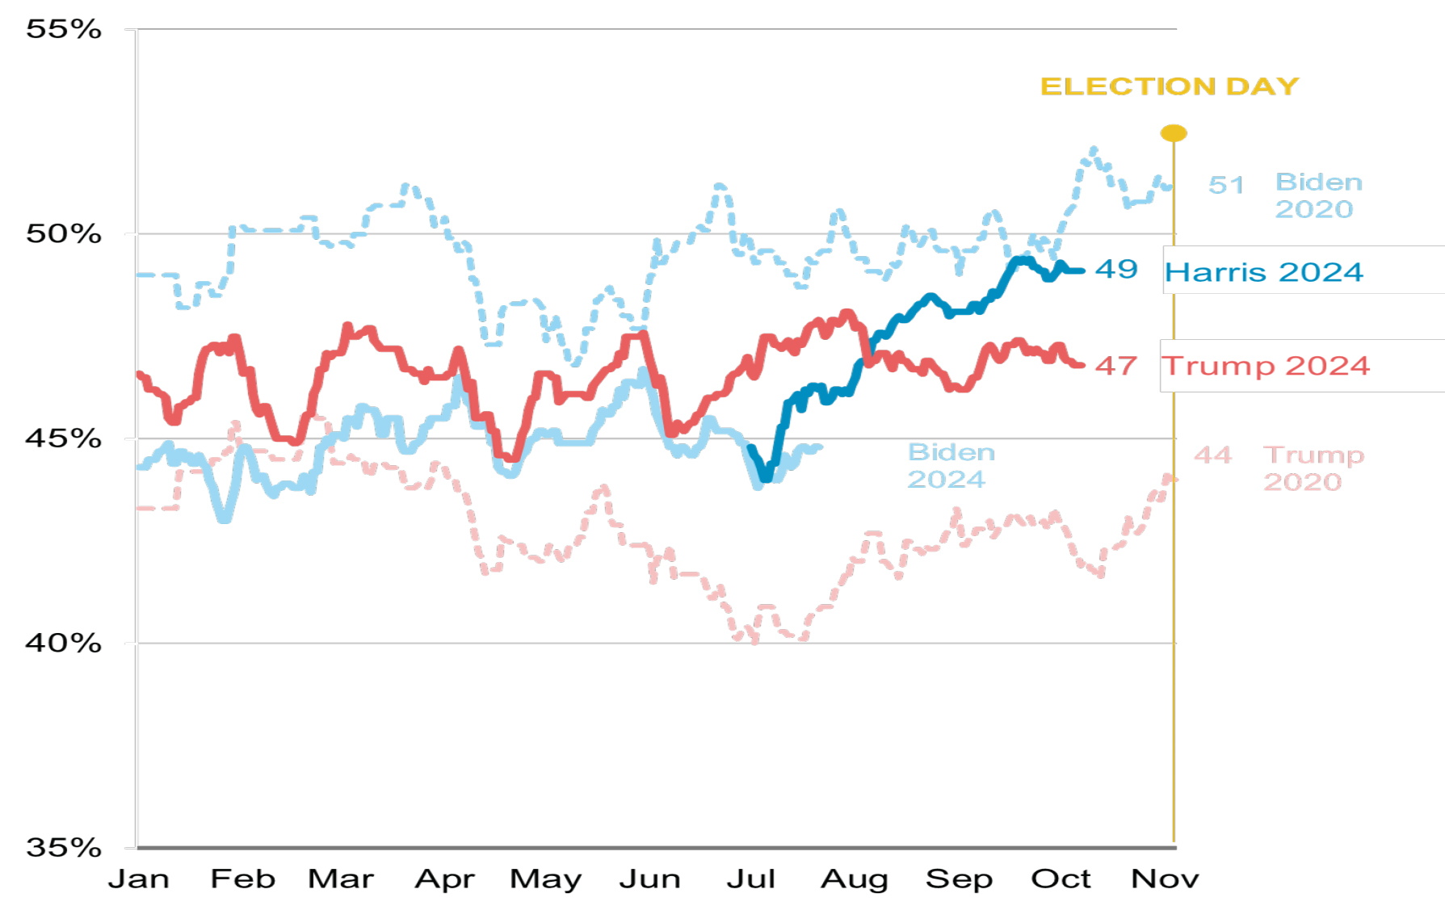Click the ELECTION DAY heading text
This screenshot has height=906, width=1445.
[x=1169, y=86]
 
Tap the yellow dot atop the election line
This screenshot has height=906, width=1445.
[x=1173, y=133]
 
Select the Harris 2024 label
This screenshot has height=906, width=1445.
[x=1263, y=272]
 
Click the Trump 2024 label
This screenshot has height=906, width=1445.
[x=1266, y=366]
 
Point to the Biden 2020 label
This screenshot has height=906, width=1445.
[x=1318, y=195]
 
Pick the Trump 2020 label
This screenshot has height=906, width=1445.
[x=1313, y=468]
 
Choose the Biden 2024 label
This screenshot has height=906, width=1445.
[x=951, y=466]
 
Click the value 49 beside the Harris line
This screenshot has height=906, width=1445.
[x=1116, y=269]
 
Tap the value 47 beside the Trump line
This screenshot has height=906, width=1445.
[x=1116, y=366]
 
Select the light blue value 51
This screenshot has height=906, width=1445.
[x=1225, y=185]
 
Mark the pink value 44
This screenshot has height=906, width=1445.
[x=1212, y=455]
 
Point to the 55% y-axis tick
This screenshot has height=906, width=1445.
[x=64, y=30]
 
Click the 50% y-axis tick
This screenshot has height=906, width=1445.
[x=64, y=234]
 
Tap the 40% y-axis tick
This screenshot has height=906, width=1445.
[x=64, y=644]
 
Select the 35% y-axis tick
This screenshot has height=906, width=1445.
[x=64, y=848]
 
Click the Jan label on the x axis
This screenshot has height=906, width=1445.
[x=139, y=879]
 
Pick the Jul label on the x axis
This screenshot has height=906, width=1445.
[x=750, y=879]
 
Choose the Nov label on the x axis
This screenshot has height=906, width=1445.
[x=1164, y=879]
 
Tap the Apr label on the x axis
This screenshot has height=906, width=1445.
[x=444, y=879]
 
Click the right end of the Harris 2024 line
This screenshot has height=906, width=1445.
[x=1082, y=271]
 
